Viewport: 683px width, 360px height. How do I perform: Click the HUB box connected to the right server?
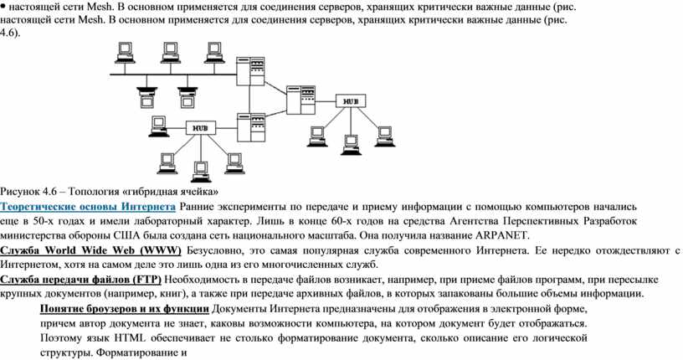click(x=351, y=101)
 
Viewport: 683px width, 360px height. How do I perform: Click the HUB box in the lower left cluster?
click(x=201, y=128)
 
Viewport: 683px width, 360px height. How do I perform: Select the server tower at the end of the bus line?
click(x=250, y=71)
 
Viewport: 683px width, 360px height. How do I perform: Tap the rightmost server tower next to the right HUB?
click(x=301, y=100)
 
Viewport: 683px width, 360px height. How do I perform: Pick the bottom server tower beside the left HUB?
click(x=251, y=127)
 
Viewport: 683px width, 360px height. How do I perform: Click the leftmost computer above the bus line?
click(x=125, y=52)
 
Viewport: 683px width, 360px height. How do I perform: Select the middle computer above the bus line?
click(x=170, y=52)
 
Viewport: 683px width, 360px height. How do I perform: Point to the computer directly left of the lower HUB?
click(x=158, y=126)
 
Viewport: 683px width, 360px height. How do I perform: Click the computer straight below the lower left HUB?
click(x=201, y=172)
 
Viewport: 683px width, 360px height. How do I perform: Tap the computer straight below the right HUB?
click(x=351, y=145)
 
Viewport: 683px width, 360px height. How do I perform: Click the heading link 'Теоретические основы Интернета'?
click(x=88, y=207)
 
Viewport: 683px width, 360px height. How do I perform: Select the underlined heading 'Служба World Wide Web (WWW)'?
click(x=90, y=250)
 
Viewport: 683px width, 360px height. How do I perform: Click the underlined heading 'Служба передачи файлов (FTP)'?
click(x=80, y=280)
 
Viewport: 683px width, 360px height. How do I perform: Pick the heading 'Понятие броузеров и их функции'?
click(x=125, y=309)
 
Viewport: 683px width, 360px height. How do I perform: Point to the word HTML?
click(x=131, y=338)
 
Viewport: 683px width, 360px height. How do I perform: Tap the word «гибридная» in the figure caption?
click(x=152, y=192)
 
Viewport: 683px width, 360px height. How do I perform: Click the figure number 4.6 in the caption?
click(x=50, y=192)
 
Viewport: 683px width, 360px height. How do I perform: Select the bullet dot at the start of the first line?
click(x=3, y=7)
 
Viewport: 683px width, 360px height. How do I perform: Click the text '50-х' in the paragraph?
click(x=44, y=221)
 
